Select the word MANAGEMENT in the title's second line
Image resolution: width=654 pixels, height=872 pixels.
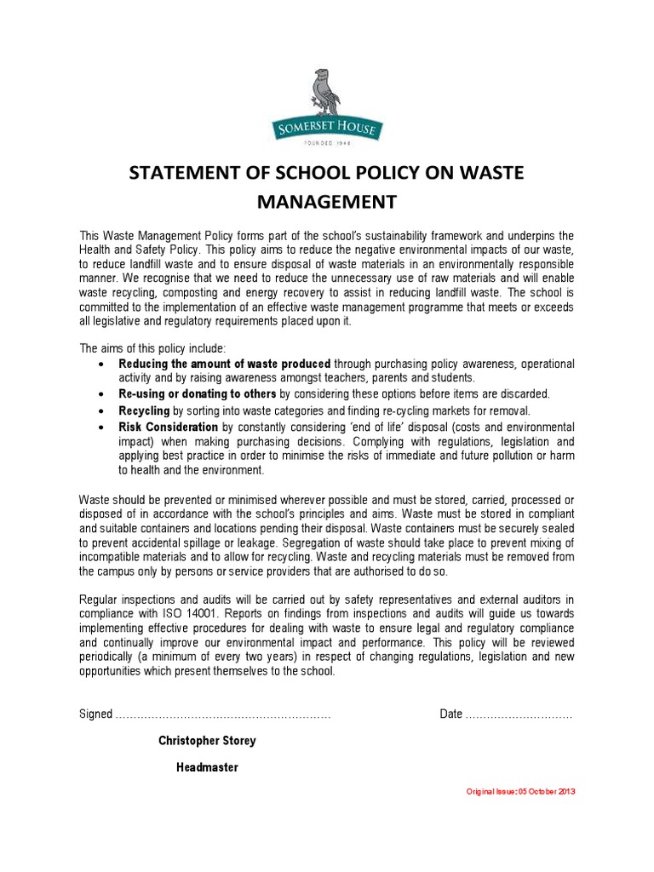(x=328, y=203)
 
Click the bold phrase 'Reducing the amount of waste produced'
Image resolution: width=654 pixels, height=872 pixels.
(x=224, y=364)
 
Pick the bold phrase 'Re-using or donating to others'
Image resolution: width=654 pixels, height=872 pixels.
(x=198, y=393)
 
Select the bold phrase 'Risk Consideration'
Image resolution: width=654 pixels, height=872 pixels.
(x=169, y=427)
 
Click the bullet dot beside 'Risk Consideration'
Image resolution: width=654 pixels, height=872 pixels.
(x=102, y=427)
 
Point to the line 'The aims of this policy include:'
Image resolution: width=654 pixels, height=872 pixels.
(x=153, y=348)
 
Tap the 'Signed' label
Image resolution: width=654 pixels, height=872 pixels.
(x=96, y=714)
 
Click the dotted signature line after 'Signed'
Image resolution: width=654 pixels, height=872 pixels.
(x=223, y=714)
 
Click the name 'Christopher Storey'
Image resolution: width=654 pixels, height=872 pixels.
(x=207, y=741)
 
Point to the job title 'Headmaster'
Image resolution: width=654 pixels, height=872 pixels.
(x=207, y=767)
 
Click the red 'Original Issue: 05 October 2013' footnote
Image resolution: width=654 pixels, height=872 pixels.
(x=521, y=791)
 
